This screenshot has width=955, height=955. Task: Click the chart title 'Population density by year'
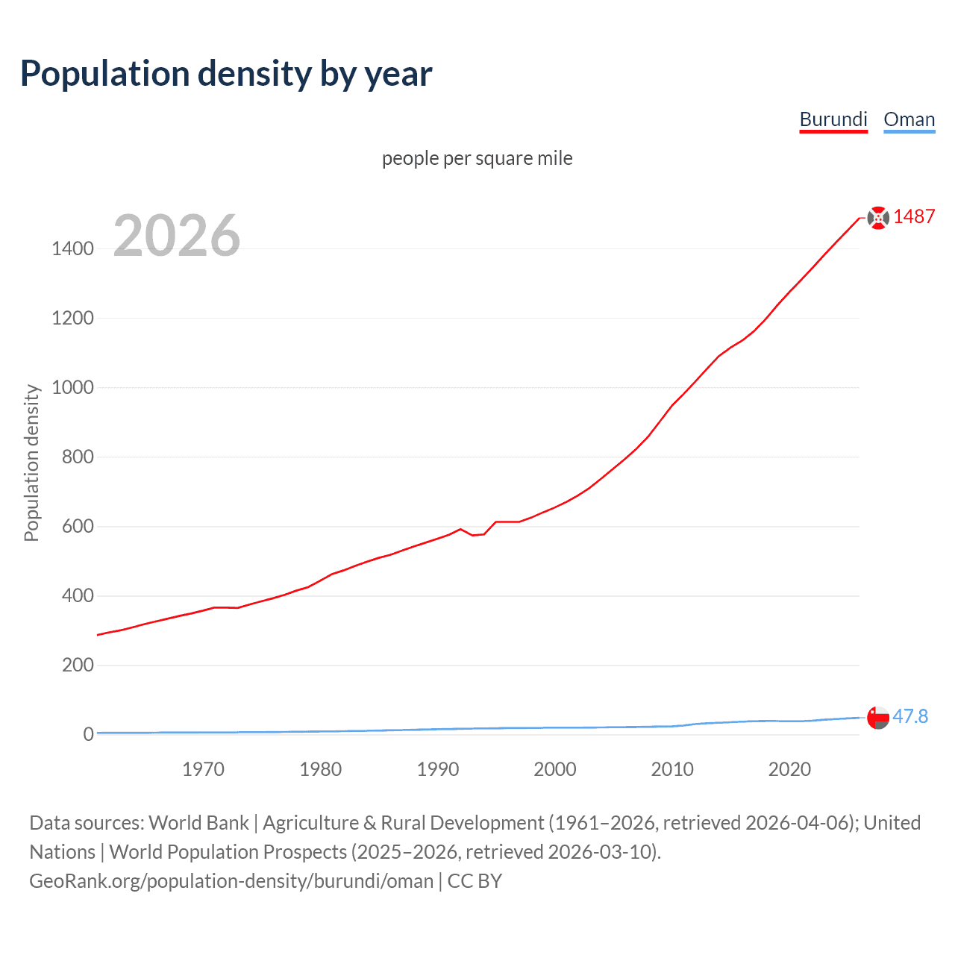click(x=226, y=74)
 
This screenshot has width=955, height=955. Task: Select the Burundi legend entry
click(x=833, y=119)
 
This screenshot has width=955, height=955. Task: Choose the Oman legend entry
click(x=909, y=119)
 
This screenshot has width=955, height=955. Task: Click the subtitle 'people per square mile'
click(x=477, y=158)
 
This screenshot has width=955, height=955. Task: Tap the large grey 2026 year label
click(x=177, y=236)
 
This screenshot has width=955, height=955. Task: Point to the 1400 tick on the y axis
click(x=72, y=248)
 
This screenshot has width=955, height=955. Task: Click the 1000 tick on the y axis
click(x=72, y=387)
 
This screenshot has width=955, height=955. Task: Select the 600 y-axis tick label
click(x=78, y=526)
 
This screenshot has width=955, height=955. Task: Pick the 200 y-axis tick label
click(x=78, y=665)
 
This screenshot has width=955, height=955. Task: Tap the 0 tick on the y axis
click(x=88, y=734)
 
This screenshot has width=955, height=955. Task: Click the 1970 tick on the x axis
click(x=203, y=769)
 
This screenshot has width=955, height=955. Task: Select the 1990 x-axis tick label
click(x=438, y=769)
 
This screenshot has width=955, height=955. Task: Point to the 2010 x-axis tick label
click(x=672, y=769)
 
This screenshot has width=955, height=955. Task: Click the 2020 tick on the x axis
click(x=789, y=769)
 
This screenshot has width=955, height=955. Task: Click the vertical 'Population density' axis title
click(x=31, y=463)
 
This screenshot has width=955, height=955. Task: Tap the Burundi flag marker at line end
click(x=878, y=217)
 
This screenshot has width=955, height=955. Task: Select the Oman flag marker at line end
click(x=878, y=717)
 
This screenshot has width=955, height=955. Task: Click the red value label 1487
click(x=914, y=216)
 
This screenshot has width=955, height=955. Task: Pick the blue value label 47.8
click(x=910, y=716)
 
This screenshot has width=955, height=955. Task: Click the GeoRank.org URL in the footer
click(x=231, y=881)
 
